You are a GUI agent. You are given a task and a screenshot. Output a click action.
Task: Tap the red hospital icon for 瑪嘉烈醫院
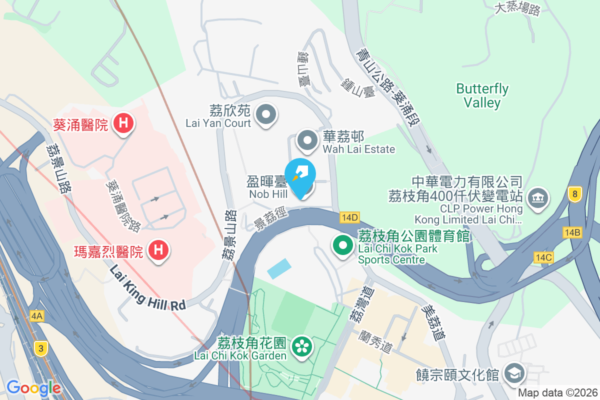coord(158,249)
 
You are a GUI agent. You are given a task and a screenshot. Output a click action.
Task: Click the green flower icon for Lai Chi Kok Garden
coord(301,345)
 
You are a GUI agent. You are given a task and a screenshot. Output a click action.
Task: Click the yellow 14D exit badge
coord(349,217)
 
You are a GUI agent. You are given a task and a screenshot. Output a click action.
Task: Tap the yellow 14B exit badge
coord(572,232)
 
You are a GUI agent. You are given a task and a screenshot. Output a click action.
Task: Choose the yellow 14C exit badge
coord(543,257)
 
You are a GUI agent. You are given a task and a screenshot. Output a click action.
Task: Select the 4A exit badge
coord(37,316)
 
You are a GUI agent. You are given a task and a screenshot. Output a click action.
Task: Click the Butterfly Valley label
coord(482,95)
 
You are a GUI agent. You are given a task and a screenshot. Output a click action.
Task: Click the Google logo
coord(33,388)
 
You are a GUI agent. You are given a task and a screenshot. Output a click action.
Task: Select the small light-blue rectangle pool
coord(279,268)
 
